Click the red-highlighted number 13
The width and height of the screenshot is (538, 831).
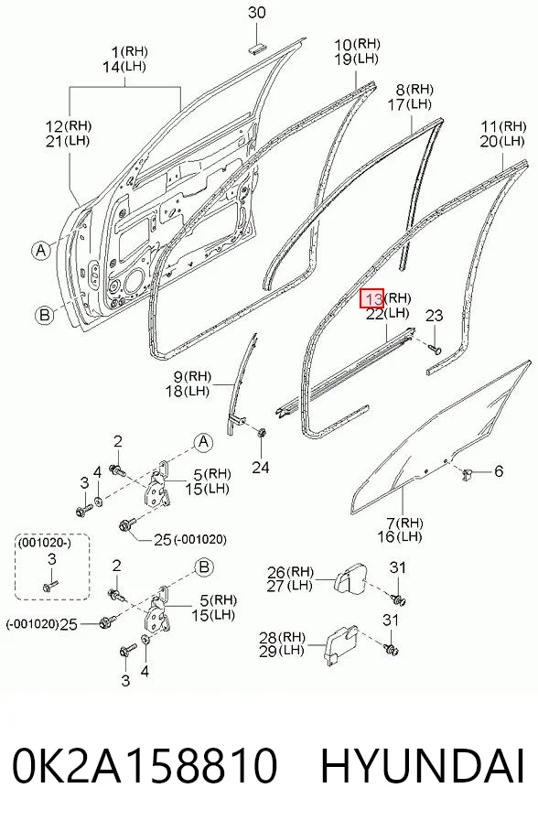tap(371, 298)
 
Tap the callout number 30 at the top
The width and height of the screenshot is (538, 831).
tap(257, 12)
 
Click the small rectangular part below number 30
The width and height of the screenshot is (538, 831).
tap(256, 49)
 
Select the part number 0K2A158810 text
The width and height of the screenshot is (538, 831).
tap(145, 766)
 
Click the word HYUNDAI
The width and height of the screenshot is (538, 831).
tap(423, 766)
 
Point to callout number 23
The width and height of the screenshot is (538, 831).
tap(434, 316)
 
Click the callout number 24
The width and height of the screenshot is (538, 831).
tap(260, 467)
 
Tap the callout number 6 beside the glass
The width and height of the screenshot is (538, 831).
tap(499, 470)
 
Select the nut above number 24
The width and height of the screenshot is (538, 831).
tap(261, 432)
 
